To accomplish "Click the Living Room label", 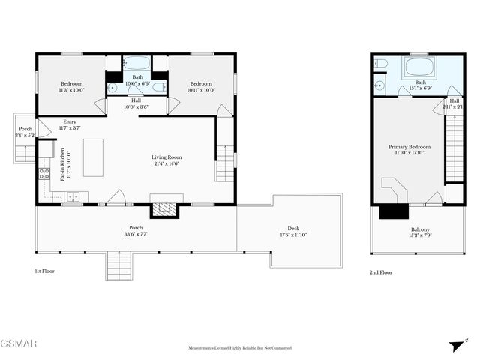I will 167,160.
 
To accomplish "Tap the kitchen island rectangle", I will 93,155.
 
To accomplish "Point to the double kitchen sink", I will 73,197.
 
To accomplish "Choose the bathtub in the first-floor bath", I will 136,64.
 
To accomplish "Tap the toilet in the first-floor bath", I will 158,87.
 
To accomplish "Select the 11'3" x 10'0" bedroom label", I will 71,87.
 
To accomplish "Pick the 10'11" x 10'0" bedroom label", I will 202,87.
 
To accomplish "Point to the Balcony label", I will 420,233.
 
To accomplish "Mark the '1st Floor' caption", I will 45,271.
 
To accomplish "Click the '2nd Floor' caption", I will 380,273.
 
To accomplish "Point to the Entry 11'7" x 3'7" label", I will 70,125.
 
